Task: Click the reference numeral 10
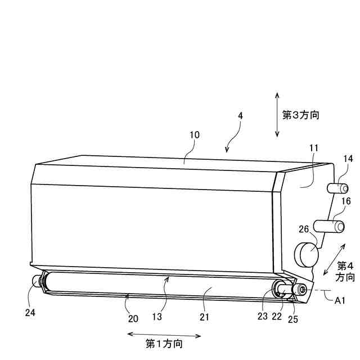point(193,135)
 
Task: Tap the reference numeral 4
point(240,115)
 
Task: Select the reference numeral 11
point(313,147)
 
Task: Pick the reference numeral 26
point(303,229)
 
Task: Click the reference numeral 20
point(133,318)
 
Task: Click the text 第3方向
point(301,115)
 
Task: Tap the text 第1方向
point(164,343)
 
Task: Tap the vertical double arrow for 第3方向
point(277,115)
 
